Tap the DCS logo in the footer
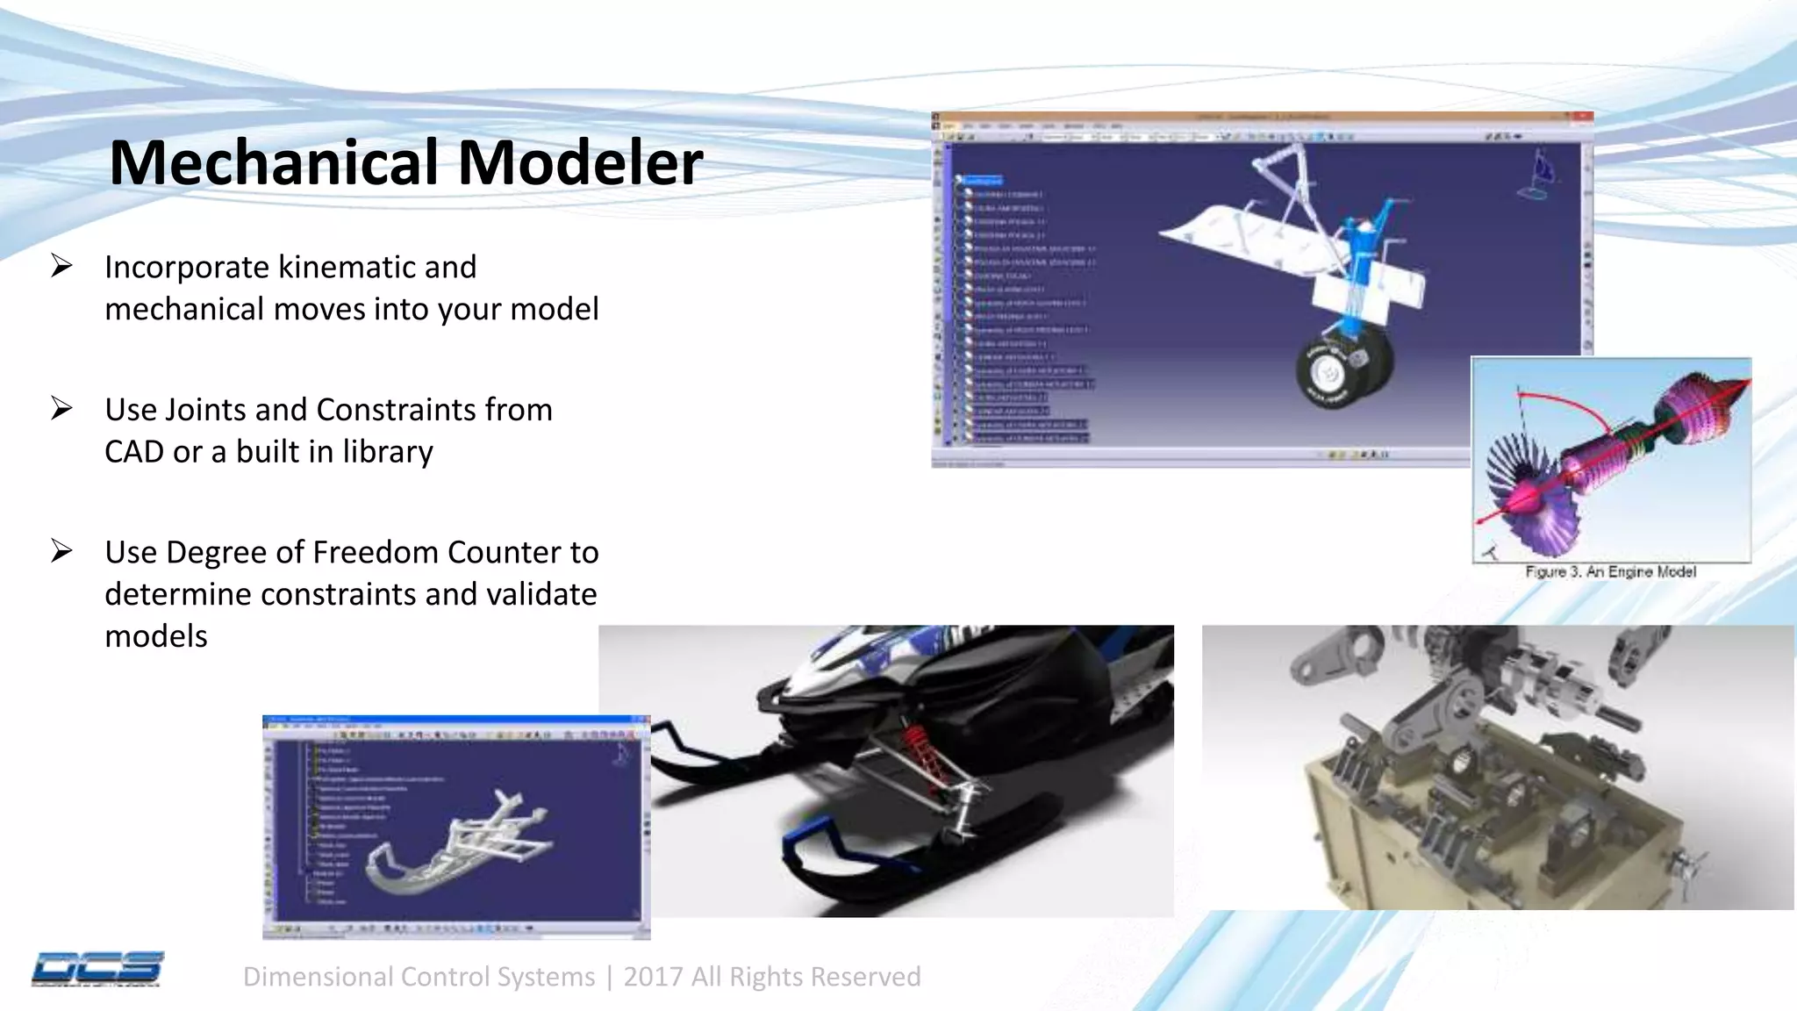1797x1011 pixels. (97, 968)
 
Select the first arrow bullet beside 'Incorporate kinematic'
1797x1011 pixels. (61, 265)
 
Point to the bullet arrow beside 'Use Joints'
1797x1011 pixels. (61, 408)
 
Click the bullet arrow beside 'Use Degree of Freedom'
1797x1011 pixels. (61, 550)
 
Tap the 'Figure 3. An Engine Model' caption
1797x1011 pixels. (1610, 572)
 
